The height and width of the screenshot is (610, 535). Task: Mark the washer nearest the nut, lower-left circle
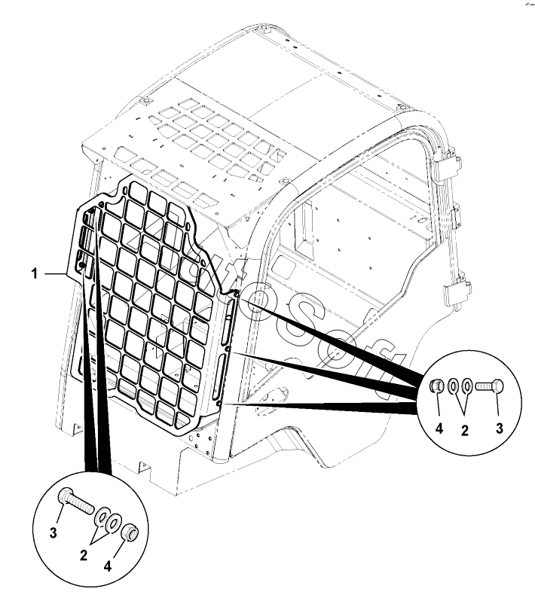tap(114, 523)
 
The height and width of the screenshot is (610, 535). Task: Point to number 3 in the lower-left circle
tap(53, 533)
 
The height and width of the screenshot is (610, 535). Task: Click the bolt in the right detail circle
tap(490, 388)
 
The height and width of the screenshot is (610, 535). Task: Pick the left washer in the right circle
tap(454, 387)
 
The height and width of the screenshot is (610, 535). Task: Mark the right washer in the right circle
tap(467, 387)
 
